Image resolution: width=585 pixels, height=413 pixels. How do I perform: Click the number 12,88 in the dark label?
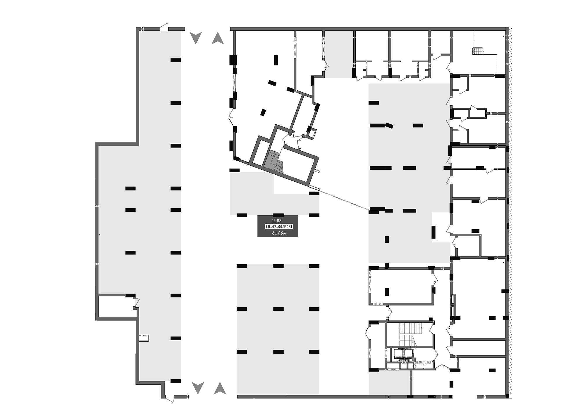[x=277, y=221]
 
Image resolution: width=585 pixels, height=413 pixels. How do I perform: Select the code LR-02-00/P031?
[x=279, y=227]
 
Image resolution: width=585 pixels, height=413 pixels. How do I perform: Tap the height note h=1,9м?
[x=279, y=233]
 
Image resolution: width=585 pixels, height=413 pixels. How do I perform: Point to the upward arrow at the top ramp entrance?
[x=218, y=38]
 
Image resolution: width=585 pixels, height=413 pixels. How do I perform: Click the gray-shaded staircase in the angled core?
[x=274, y=160]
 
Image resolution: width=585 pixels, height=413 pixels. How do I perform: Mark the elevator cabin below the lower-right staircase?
[x=403, y=354]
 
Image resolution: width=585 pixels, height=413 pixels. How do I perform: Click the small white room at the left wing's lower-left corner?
[x=117, y=306]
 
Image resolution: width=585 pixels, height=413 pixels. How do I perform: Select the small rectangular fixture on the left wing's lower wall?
[x=144, y=338]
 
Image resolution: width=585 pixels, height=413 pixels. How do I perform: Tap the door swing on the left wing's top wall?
[x=164, y=27]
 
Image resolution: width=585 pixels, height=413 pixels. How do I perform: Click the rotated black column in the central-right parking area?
[x=389, y=126]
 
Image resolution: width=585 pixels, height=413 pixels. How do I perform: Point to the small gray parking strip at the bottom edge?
[x=389, y=383]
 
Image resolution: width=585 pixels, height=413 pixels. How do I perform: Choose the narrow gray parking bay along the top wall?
[x=339, y=54]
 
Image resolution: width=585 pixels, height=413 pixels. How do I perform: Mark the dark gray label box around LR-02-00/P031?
[x=278, y=226]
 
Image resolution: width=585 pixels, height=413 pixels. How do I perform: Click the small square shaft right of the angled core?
[x=313, y=133]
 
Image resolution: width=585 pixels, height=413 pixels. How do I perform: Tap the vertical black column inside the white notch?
[x=434, y=232]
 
